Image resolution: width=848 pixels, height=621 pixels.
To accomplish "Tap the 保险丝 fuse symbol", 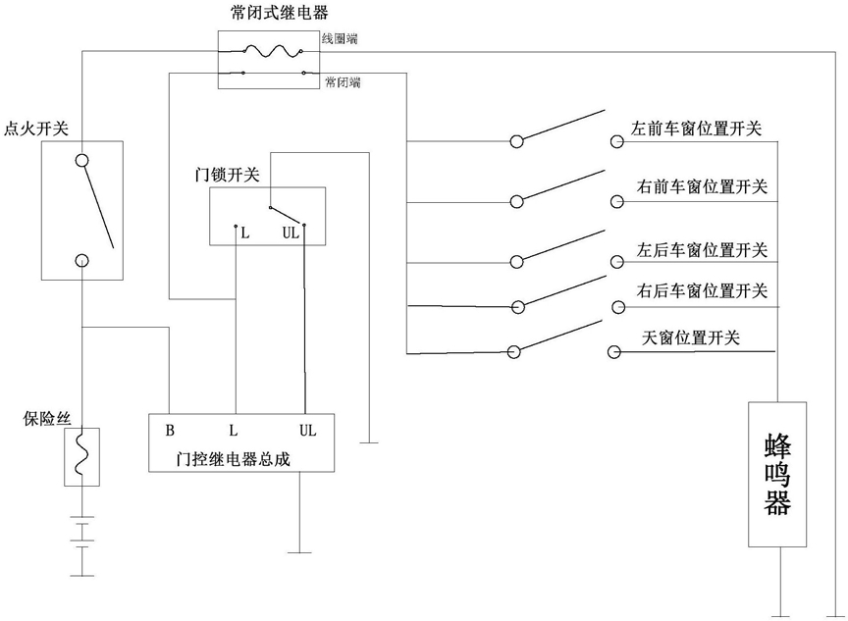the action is click(x=81, y=457).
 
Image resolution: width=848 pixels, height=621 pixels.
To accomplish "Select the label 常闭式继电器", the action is click(x=279, y=13).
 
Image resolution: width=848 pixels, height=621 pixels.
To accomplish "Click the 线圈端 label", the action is click(x=340, y=39).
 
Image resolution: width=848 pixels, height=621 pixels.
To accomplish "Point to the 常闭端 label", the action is click(x=343, y=82).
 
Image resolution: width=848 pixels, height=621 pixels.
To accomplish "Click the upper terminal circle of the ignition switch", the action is click(x=81, y=161).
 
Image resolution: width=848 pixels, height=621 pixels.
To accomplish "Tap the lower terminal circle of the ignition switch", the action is click(x=81, y=261).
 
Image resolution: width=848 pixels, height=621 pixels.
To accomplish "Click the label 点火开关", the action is click(x=36, y=129).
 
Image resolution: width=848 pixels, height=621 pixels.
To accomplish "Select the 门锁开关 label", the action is click(x=227, y=175).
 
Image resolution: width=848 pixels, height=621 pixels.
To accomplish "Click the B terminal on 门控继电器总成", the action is click(x=170, y=431).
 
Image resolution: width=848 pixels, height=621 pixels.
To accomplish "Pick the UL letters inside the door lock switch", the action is click(x=291, y=233).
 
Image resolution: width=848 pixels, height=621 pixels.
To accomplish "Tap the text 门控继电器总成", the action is click(x=234, y=459).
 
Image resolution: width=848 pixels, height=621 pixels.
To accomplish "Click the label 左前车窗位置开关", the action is click(x=696, y=129).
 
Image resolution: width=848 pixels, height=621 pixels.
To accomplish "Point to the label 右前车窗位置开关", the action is click(x=702, y=186).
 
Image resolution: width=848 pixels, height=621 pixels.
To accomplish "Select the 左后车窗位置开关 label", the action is click(x=702, y=250).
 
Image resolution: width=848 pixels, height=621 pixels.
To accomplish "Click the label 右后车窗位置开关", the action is click(x=702, y=290).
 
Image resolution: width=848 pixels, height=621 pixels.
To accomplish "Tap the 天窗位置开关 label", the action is click(x=691, y=337).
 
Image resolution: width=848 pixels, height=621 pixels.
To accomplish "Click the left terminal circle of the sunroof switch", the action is click(x=513, y=352).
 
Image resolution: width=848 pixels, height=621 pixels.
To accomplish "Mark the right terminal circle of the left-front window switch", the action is click(x=617, y=141).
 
